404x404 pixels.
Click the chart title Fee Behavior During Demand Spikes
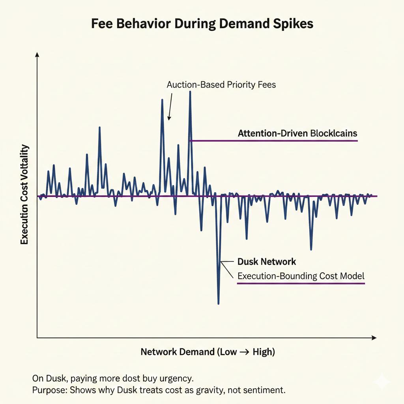click(x=202, y=24)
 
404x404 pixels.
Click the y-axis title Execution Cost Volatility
click(x=24, y=195)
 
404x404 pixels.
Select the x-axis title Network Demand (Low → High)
click(x=208, y=352)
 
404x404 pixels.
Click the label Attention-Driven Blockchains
click(x=297, y=133)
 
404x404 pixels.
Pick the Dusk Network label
click(x=267, y=262)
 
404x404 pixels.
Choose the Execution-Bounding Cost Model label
click(x=301, y=276)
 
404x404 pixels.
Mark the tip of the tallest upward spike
click(x=190, y=92)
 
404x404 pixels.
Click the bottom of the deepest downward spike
click(x=218, y=303)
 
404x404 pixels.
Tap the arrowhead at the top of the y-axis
click(x=37, y=55)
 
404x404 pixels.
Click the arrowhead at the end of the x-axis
click(x=374, y=338)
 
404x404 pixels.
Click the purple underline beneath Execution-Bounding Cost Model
click(x=301, y=283)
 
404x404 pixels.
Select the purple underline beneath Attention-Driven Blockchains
click(x=274, y=141)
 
